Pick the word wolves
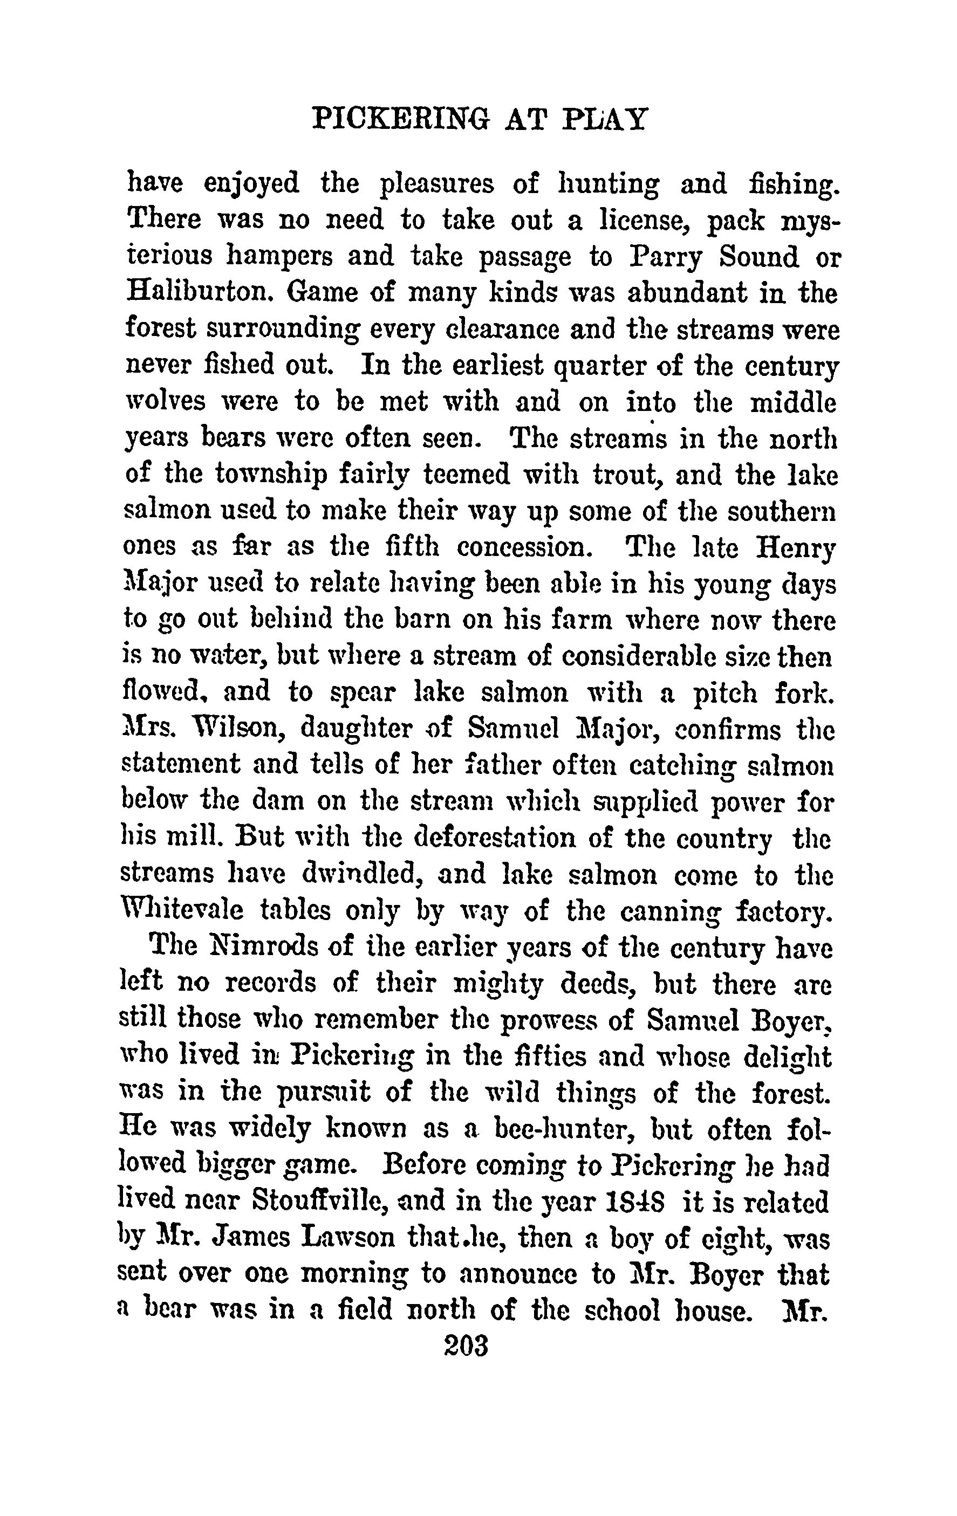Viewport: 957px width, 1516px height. pos(166,402)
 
